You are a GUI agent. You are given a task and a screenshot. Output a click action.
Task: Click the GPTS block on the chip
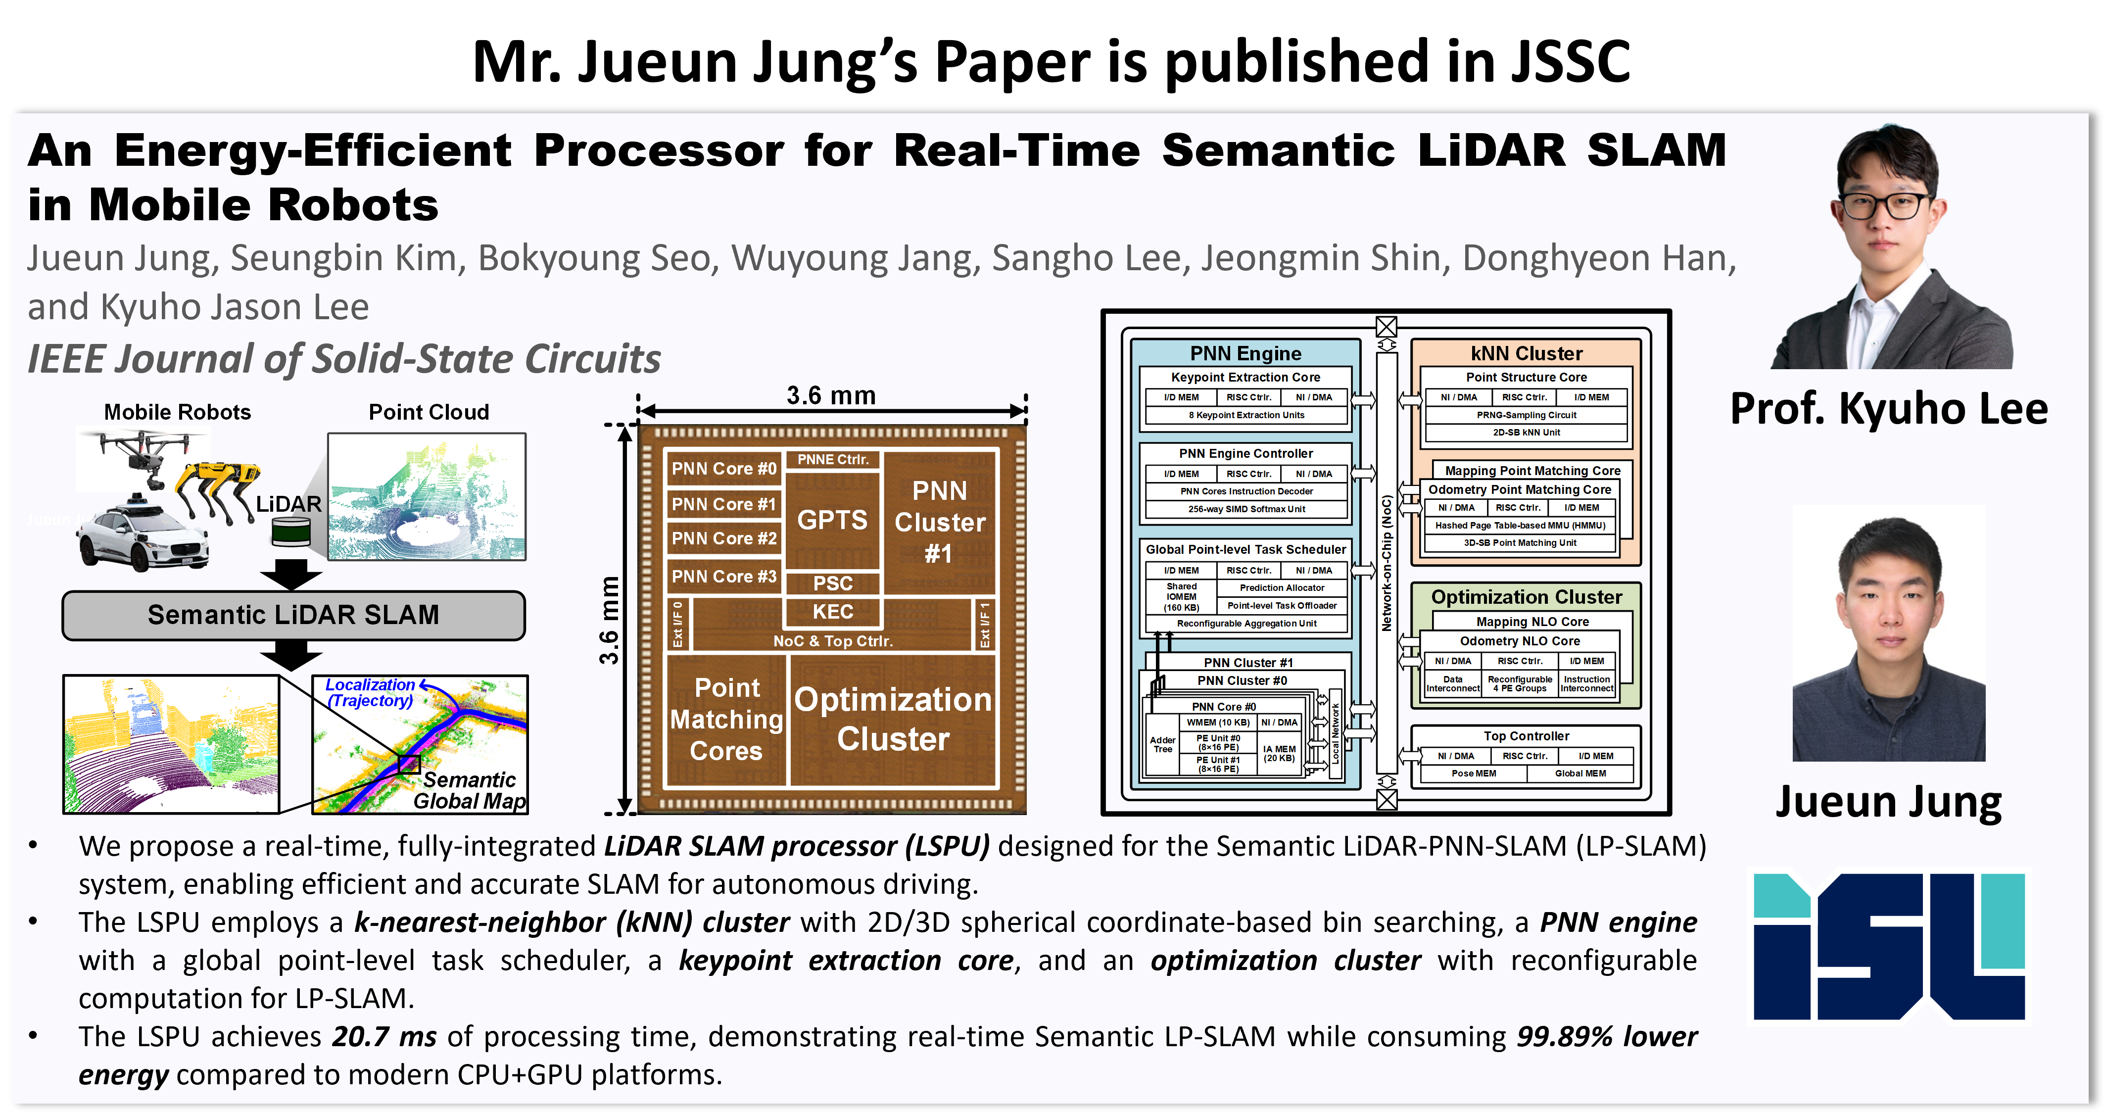pos(832,520)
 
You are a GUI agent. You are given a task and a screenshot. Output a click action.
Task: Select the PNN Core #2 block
pos(723,538)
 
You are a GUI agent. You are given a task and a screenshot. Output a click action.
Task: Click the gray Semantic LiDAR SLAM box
pos(293,615)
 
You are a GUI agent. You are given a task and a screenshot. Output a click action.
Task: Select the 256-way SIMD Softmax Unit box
pos(1246,509)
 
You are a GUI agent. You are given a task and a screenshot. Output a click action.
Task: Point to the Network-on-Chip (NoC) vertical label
pos(1386,564)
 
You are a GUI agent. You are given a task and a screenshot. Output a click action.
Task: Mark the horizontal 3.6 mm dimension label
pos(831,395)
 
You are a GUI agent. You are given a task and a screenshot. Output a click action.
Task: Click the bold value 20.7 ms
pos(384,1036)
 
